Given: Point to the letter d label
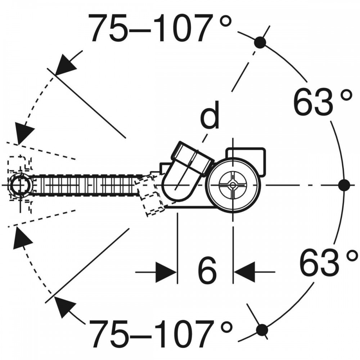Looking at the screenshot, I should click(x=210, y=116).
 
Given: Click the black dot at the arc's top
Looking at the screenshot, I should click(x=260, y=42).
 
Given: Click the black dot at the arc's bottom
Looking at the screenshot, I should click(x=262, y=329).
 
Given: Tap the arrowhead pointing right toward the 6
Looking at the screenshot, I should click(x=166, y=272).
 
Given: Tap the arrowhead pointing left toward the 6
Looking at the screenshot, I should click(x=245, y=272).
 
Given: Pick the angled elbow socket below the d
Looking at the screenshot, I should click(x=187, y=169).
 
